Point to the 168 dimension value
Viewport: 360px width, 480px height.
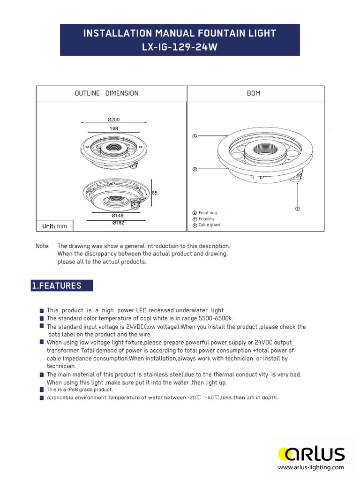(x=114, y=128)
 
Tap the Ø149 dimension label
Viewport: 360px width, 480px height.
(x=117, y=216)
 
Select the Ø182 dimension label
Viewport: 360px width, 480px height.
(x=119, y=223)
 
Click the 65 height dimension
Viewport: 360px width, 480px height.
(x=155, y=193)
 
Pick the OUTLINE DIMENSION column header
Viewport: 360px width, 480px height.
(x=106, y=93)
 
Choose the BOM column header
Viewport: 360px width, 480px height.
(x=254, y=93)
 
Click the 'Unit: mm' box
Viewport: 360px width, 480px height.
(x=55, y=226)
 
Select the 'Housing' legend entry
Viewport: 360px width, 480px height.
(x=206, y=219)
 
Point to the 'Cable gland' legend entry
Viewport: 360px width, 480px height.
(x=209, y=225)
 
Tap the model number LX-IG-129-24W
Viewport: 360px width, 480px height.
(x=180, y=48)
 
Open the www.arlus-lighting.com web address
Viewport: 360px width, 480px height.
(x=311, y=467)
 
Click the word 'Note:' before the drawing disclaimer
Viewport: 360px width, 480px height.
(x=43, y=246)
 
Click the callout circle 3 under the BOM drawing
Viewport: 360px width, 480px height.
(x=297, y=208)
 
